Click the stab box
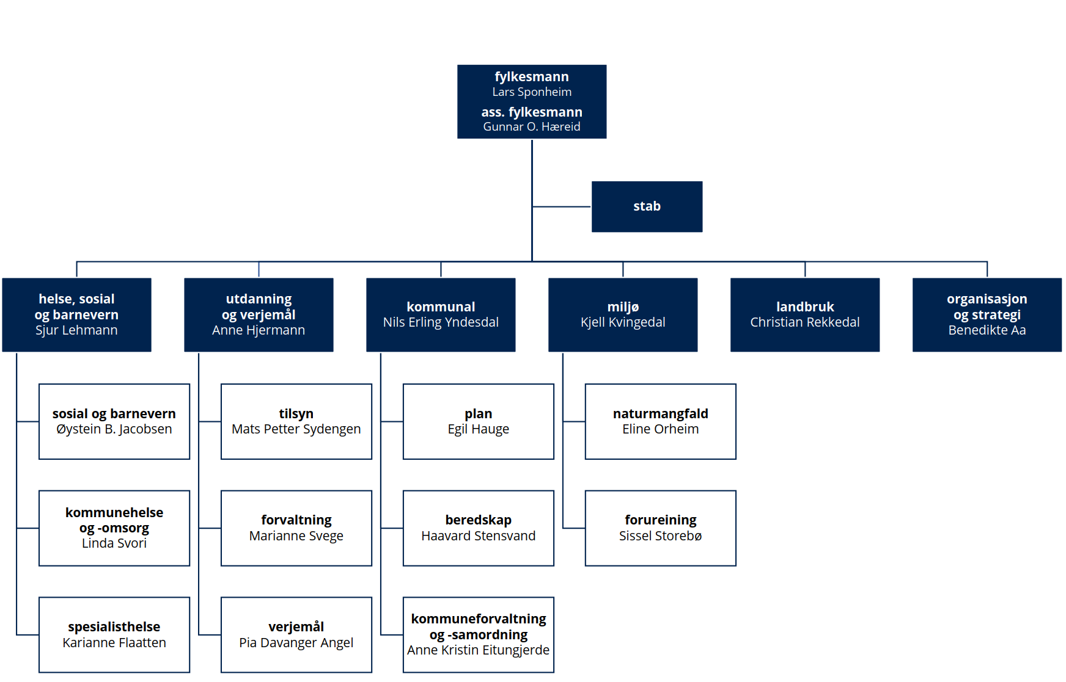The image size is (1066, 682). pos(647,206)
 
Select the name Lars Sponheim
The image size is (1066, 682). pos(532,92)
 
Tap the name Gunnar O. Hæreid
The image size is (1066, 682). pos(532,127)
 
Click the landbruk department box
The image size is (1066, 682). pos(805,314)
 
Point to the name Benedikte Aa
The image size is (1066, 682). pos(987,330)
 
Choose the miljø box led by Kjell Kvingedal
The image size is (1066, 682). pos(623,314)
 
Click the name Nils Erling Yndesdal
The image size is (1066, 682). pos(441,322)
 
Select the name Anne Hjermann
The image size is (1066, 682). pos(259,330)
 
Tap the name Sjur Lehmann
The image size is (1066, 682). pos(76,330)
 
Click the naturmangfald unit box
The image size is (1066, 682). pos(661,421)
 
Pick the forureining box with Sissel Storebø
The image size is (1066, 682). pos(661,528)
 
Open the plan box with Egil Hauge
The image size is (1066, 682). pos(479,421)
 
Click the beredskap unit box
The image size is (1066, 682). pos(479,528)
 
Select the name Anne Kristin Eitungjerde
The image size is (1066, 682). pos(479,650)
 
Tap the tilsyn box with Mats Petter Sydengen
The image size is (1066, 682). pos(296,421)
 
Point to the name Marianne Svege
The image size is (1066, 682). pos(296,536)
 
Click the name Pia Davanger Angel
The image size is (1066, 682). pos(296,643)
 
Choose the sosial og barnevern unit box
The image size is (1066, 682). pos(114,421)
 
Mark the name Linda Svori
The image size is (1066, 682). pos(114,543)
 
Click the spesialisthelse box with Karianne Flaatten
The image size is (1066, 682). pos(114,635)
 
